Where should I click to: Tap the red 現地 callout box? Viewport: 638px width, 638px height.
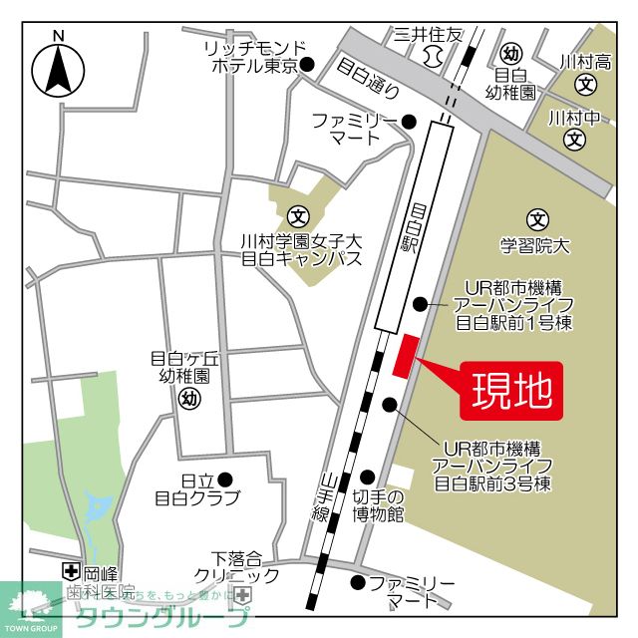[511, 390]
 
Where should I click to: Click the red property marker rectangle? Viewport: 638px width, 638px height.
[406, 356]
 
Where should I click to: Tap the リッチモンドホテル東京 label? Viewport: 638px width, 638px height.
[250, 57]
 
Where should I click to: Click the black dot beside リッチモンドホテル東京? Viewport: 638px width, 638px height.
[308, 66]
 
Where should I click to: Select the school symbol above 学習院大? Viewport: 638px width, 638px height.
[538, 218]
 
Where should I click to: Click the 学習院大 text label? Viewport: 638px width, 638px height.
[535, 243]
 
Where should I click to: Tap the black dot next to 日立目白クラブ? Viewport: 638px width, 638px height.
[225, 478]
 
